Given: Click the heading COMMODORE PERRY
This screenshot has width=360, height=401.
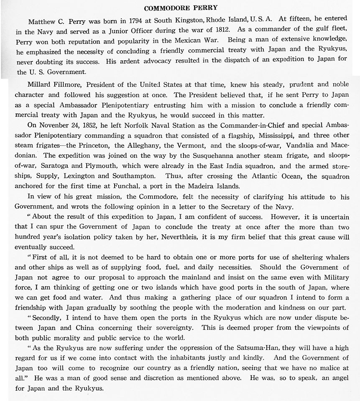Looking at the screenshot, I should (x=180, y=8).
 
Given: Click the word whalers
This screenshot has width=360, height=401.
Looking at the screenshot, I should (x=334, y=256).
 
